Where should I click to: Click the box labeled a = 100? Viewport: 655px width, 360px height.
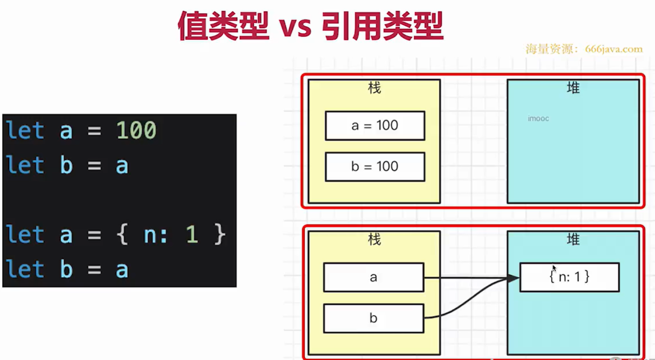(x=375, y=126)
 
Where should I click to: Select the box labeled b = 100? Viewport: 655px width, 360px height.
(x=375, y=167)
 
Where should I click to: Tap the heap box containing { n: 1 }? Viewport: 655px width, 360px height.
(x=569, y=277)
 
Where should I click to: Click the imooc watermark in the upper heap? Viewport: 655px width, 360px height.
(x=538, y=119)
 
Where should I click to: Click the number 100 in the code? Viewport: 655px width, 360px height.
(x=136, y=131)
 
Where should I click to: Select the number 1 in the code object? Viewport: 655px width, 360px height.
(x=191, y=234)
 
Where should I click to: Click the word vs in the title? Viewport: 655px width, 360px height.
(x=295, y=26)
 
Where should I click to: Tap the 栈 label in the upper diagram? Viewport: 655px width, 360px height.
(x=374, y=88)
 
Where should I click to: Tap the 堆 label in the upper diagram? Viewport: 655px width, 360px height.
(x=573, y=88)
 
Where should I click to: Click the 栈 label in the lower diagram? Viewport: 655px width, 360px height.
(x=374, y=239)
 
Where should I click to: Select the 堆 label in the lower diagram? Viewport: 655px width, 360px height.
(x=573, y=239)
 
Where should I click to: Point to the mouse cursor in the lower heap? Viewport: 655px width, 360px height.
(x=554, y=268)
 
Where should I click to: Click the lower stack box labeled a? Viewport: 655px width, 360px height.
(x=373, y=277)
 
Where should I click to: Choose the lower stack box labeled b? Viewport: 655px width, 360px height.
(x=373, y=318)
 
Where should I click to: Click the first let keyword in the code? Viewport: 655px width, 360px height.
(x=25, y=131)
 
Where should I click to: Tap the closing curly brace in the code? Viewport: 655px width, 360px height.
(x=220, y=234)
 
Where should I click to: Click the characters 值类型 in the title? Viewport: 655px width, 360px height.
(x=223, y=26)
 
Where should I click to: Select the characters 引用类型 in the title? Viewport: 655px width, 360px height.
(x=382, y=26)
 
